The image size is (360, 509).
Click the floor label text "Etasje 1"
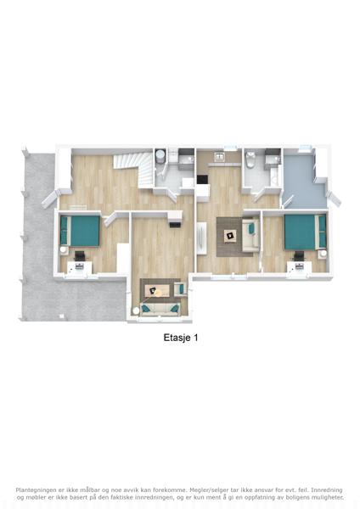click(x=181, y=338)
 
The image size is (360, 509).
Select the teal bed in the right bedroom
click(x=306, y=232)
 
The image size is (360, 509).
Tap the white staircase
click(x=134, y=169)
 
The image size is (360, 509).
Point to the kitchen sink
click(x=220, y=156)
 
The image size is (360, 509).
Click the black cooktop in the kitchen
click(x=203, y=180)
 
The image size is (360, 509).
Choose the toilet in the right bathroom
click(x=250, y=159)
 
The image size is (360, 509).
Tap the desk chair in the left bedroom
click(x=80, y=255)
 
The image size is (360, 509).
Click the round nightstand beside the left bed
click(x=64, y=249)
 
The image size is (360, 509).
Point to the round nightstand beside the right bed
click(x=322, y=254)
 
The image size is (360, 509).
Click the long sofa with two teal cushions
click(x=160, y=309)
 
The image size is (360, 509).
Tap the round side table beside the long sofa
click(x=136, y=310)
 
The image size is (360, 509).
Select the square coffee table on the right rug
click(x=231, y=236)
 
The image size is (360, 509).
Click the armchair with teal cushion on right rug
click(x=250, y=235)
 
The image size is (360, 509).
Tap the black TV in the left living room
click(x=176, y=224)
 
